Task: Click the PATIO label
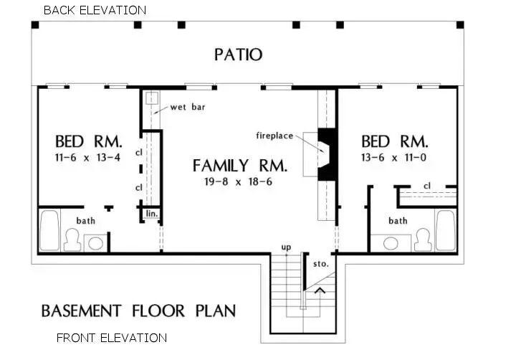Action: pos(238,55)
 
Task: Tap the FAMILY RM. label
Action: pos(240,166)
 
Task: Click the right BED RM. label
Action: pos(394,141)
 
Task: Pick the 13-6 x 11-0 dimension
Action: pos(394,156)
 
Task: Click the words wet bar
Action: pos(184,108)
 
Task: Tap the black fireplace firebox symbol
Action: pos(326,154)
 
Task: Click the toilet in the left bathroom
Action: pos(72,240)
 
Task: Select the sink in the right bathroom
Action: pos(392,242)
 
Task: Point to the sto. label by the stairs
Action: pos(321,264)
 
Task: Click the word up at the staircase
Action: pos(286,247)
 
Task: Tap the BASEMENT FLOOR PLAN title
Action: pos(138,311)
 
